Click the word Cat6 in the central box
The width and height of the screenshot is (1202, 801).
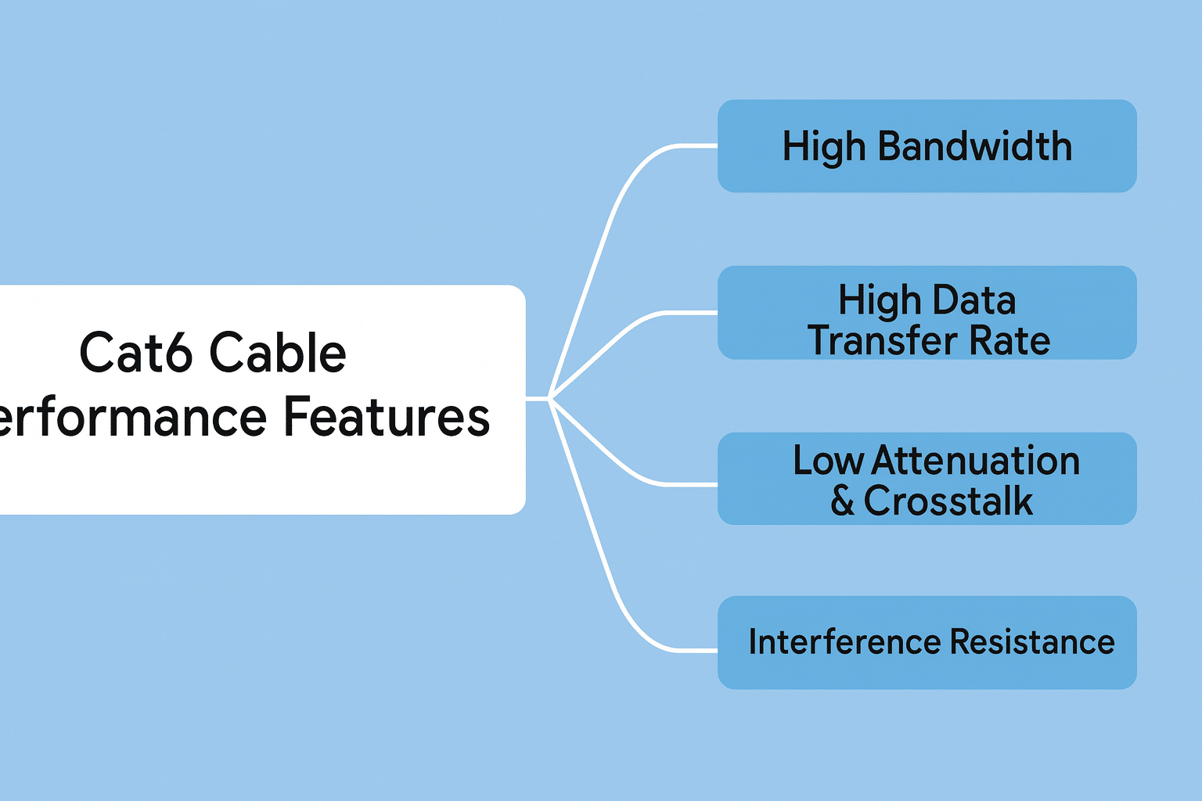pos(135,353)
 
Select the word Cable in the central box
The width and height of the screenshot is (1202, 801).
pos(278,353)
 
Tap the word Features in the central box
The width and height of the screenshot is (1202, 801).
pos(386,417)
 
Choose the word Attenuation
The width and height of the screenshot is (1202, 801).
pos(976,461)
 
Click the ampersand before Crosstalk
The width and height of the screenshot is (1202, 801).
pos(843,501)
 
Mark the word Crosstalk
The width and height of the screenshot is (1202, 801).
pos(948,501)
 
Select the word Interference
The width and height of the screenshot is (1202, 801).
pos(845,642)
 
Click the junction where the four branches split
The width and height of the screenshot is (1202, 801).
pos(551,399)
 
